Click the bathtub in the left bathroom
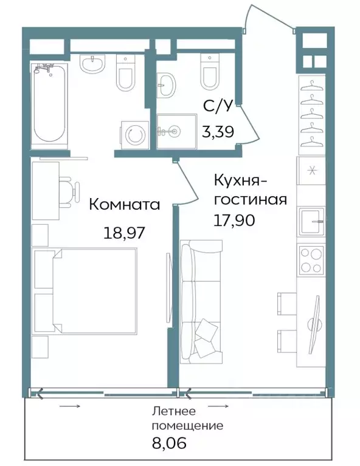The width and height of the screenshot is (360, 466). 49,104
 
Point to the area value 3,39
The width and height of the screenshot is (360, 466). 218,129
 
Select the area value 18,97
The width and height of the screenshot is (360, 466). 124,233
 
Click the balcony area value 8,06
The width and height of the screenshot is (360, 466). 168,443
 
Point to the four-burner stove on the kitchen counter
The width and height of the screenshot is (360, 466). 311,261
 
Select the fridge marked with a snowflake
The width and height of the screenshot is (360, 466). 311,171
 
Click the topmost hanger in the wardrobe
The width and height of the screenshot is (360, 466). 311,84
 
